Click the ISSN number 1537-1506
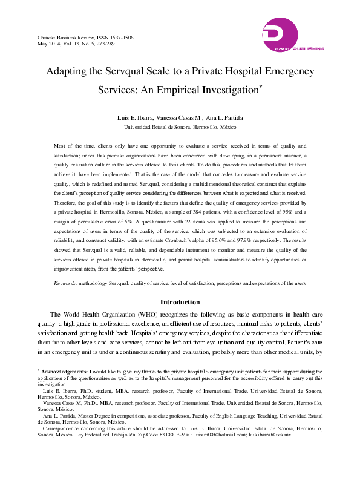coord(120,38)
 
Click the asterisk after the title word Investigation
coord(260,87)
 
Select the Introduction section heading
coord(180,302)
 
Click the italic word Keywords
coord(65,283)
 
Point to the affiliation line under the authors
coord(180,128)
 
